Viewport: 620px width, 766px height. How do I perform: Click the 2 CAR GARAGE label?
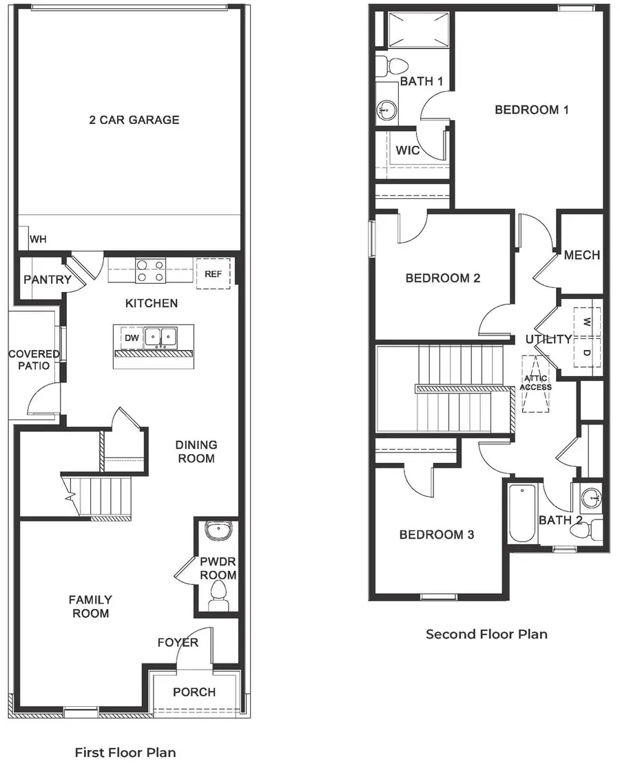134,120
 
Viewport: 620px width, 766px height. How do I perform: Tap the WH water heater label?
37,240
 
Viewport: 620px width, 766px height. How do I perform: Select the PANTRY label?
47,280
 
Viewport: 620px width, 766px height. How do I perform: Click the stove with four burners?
151,270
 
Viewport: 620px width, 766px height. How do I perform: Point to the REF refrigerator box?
213,274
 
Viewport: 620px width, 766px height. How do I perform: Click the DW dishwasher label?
131,338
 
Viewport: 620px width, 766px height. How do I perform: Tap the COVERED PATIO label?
34,360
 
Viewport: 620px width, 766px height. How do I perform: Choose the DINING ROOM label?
197,452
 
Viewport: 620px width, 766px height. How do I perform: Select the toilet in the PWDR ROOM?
219,593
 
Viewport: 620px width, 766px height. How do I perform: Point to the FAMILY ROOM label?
90,606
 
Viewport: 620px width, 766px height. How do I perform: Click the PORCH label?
194,692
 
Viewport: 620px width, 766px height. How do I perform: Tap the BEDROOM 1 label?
531,110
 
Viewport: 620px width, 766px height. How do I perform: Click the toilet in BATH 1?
395,67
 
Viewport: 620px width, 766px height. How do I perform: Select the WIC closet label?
408,151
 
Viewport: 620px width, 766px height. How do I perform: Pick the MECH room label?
581,255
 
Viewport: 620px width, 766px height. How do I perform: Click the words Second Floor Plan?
486,634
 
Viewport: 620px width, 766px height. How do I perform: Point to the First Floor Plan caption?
125,752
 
